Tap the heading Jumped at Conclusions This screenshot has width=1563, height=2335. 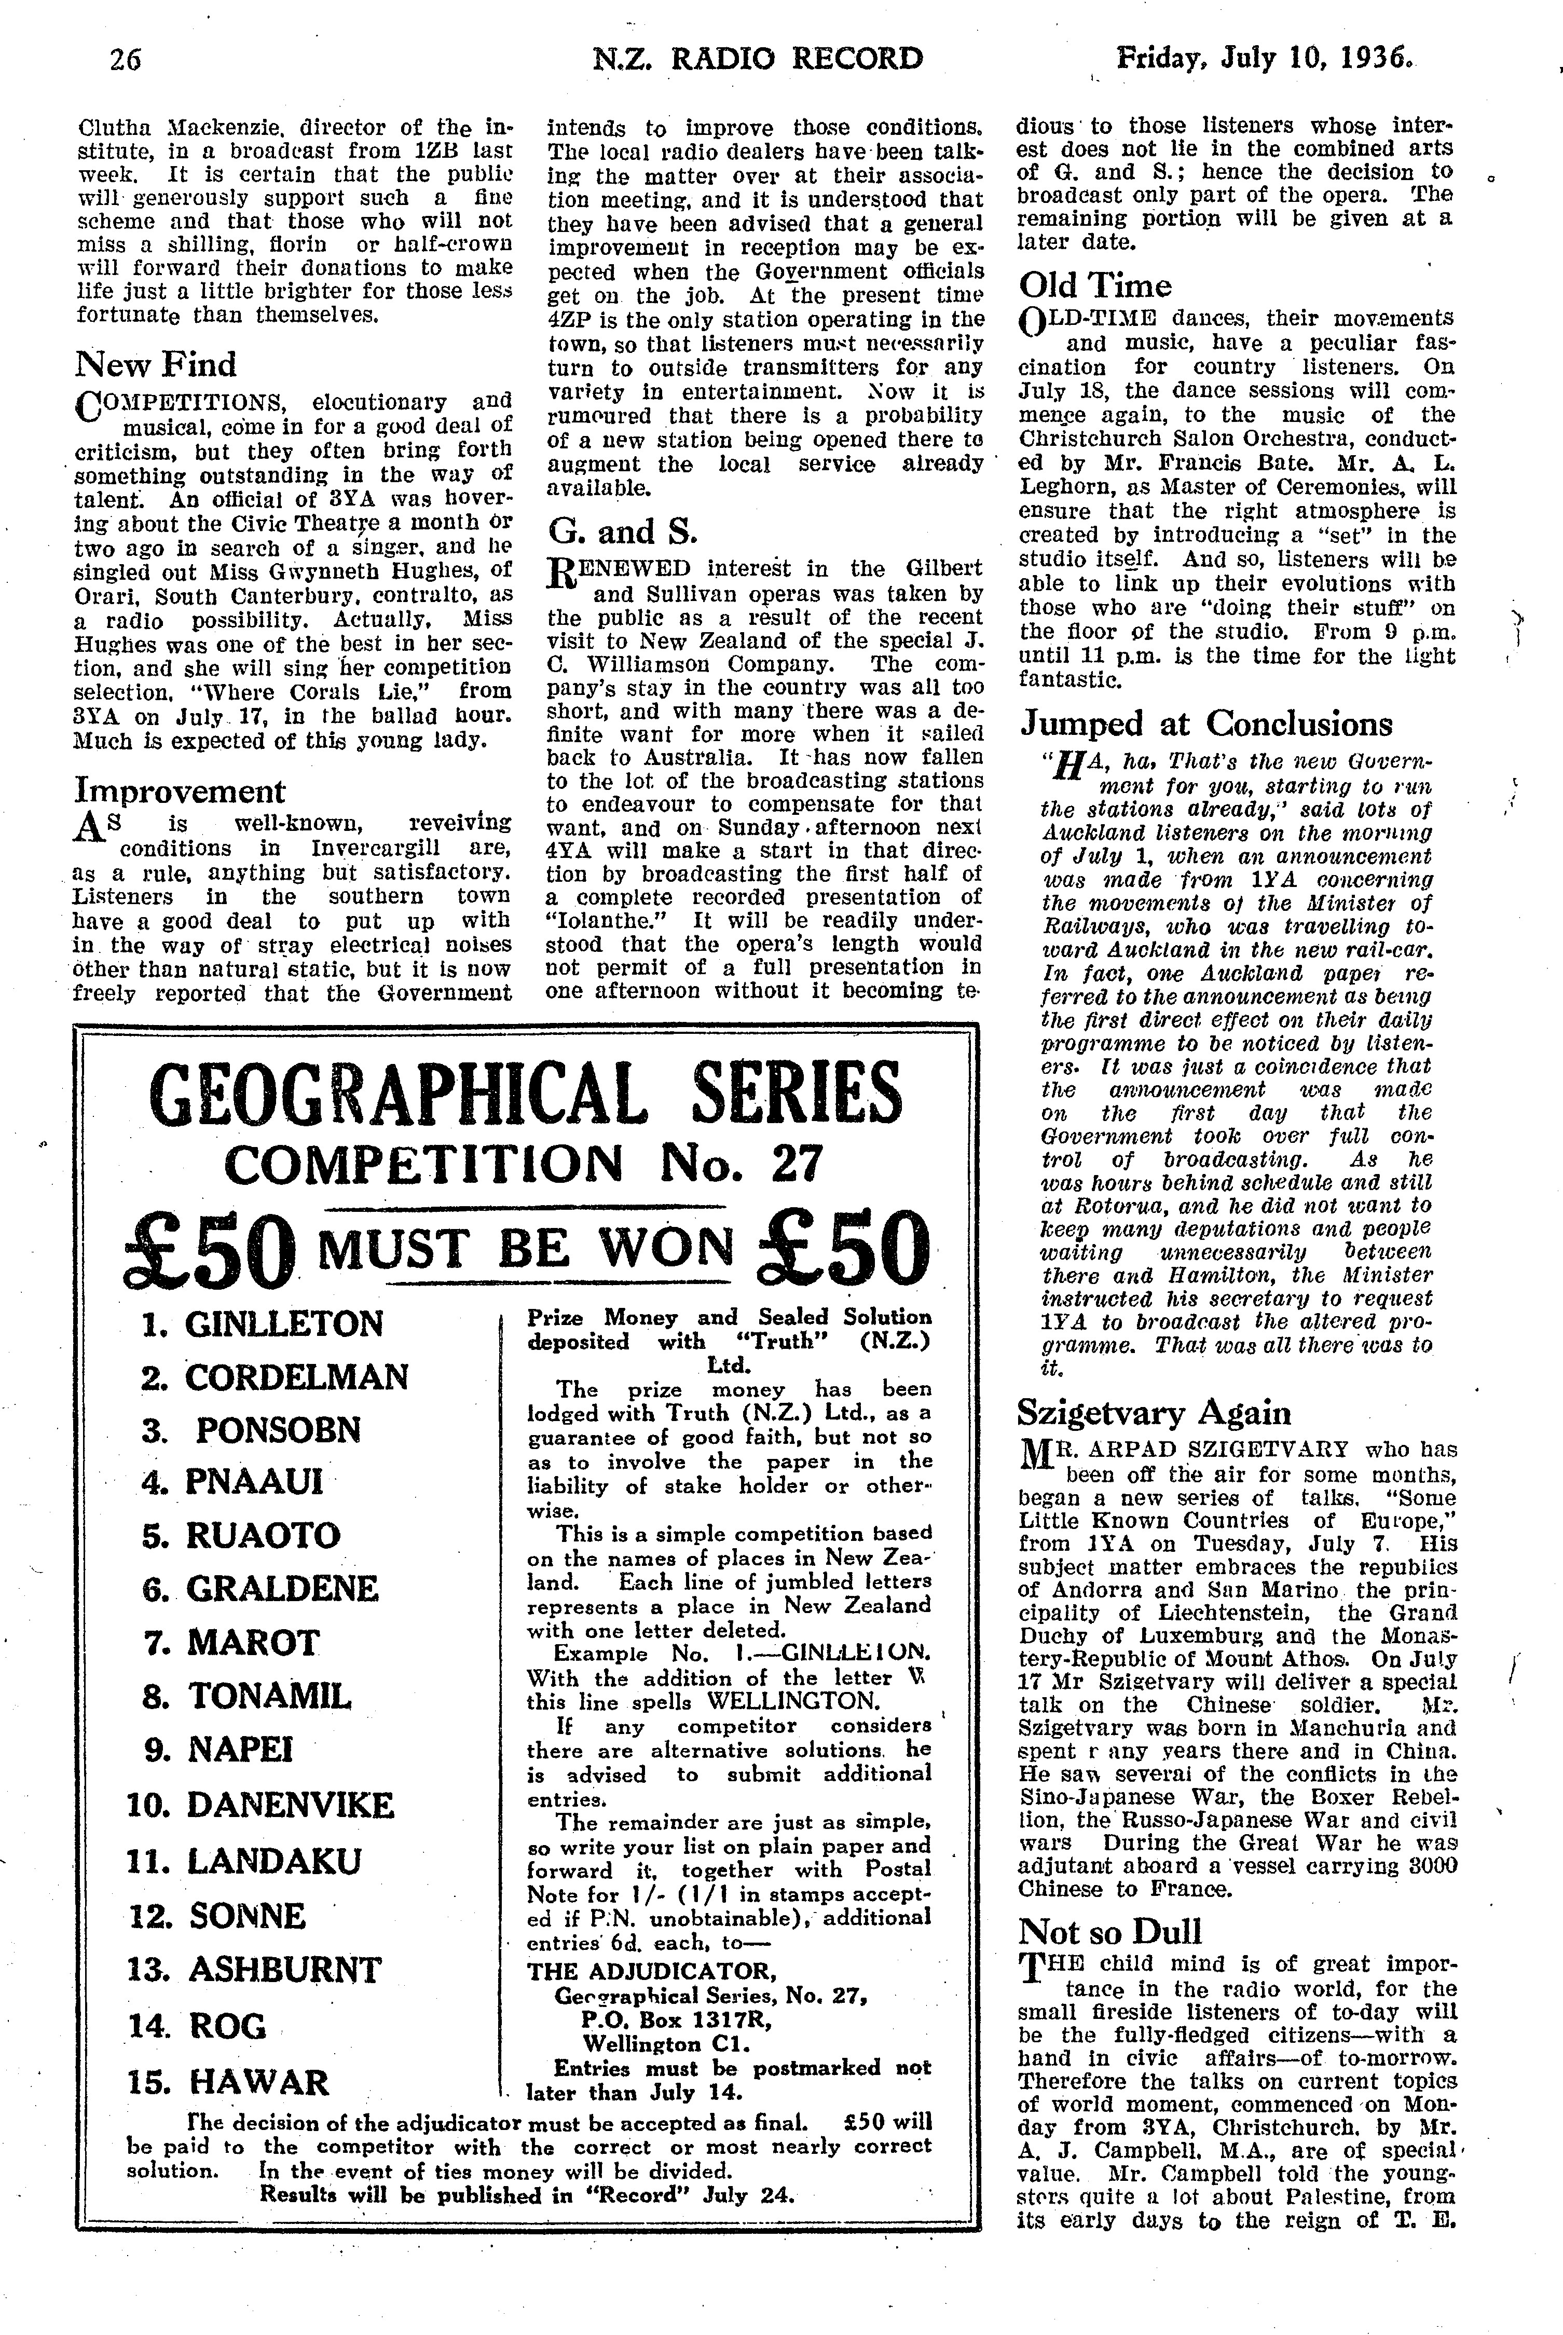tap(1205, 724)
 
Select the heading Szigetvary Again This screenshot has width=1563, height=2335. tap(1154, 1413)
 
